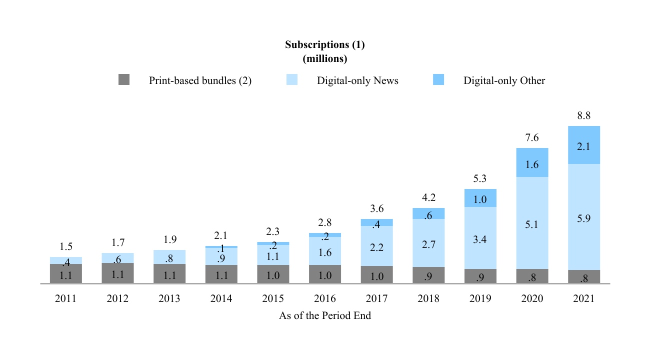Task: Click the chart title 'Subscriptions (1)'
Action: (x=325, y=44)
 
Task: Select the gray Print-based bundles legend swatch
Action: (x=124, y=80)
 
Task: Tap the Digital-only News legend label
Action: (x=357, y=80)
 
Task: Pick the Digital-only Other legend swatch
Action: (x=438, y=80)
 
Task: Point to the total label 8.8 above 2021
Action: (x=584, y=116)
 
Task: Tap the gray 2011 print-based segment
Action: (x=66, y=274)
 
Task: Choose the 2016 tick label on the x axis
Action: (x=325, y=299)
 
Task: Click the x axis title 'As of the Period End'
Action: (x=325, y=316)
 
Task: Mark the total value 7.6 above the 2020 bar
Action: (x=532, y=138)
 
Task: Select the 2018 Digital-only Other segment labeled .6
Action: (x=428, y=213)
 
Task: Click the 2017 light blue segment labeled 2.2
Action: (x=376, y=246)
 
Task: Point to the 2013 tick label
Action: (x=169, y=299)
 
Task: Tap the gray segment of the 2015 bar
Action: (x=273, y=274)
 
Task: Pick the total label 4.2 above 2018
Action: (x=428, y=197)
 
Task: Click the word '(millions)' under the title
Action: (x=325, y=58)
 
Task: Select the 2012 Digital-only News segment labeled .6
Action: (x=117, y=258)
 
